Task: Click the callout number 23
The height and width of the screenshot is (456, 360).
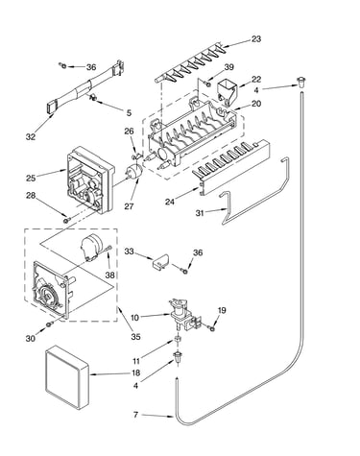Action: click(x=256, y=39)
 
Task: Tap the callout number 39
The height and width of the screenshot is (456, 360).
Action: click(x=228, y=67)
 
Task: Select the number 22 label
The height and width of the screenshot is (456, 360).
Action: click(x=256, y=79)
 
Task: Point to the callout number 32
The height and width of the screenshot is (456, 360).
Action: click(x=31, y=137)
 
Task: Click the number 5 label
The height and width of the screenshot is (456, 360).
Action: click(x=129, y=112)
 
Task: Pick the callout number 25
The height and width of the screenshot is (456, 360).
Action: click(x=31, y=178)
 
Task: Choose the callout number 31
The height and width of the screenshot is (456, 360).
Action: click(x=200, y=212)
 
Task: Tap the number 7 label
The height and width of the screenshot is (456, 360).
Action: click(x=135, y=415)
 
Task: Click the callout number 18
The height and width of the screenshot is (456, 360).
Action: click(x=135, y=372)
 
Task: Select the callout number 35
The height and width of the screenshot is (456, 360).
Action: click(x=135, y=337)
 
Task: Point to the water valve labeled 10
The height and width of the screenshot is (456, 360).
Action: click(x=184, y=315)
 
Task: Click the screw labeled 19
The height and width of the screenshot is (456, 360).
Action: click(x=211, y=327)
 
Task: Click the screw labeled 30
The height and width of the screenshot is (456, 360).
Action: click(x=49, y=324)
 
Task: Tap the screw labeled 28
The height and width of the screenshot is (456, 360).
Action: click(x=66, y=220)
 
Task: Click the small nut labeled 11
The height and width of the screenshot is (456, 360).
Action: click(x=178, y=339)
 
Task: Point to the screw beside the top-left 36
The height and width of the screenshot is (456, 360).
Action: click(x=63, y=66)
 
